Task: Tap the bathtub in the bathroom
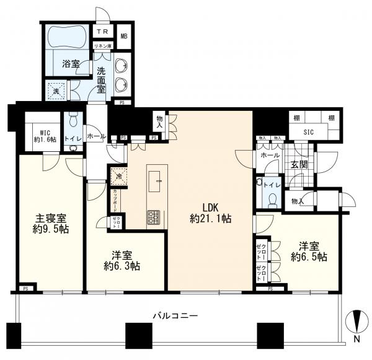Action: point(67,37)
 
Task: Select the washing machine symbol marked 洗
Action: point(57,90)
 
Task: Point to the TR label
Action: point(101,31)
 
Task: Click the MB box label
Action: point(123,37)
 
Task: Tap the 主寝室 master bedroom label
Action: point(50,225)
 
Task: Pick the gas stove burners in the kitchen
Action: point(154,217)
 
